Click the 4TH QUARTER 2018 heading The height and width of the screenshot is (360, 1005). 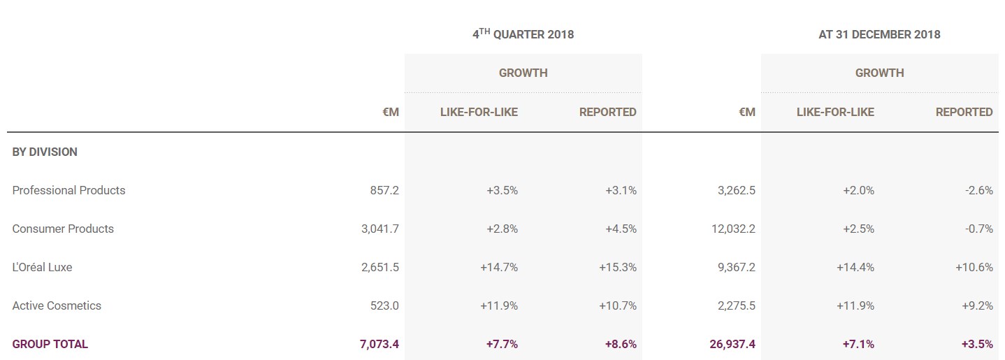[523, 34]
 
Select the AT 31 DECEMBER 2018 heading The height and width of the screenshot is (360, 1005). [879, 34]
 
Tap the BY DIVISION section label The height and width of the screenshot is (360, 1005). [45, 152]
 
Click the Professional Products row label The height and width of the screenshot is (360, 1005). [68, 190]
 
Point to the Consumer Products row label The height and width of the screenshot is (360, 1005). [63, 229]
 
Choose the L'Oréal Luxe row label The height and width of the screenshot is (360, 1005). [42, 267]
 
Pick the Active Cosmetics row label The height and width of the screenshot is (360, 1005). [57, 305]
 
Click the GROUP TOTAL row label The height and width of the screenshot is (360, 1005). [50, 344]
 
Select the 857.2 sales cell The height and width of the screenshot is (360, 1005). [384, 190]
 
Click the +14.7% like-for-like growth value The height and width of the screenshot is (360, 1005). [498, 267]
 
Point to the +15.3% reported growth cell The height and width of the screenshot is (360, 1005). [617, 267]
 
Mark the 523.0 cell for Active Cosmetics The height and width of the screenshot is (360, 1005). [384, 305]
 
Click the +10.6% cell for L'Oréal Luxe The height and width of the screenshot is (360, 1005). [974, 267]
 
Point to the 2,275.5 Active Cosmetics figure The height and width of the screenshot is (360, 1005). [736, 305]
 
